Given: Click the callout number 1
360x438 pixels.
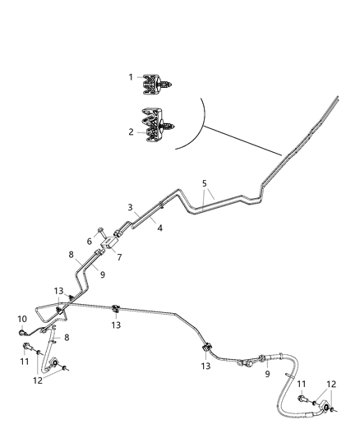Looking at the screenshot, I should click(130, 77).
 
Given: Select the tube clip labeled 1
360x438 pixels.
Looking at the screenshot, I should click(155, 83).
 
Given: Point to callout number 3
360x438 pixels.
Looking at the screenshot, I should click(130, 207).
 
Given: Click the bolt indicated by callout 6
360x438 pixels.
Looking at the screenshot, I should click(100, 231).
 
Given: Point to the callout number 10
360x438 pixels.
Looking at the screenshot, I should click(22, 318).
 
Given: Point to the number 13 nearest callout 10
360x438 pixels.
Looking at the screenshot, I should click(58, 290).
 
